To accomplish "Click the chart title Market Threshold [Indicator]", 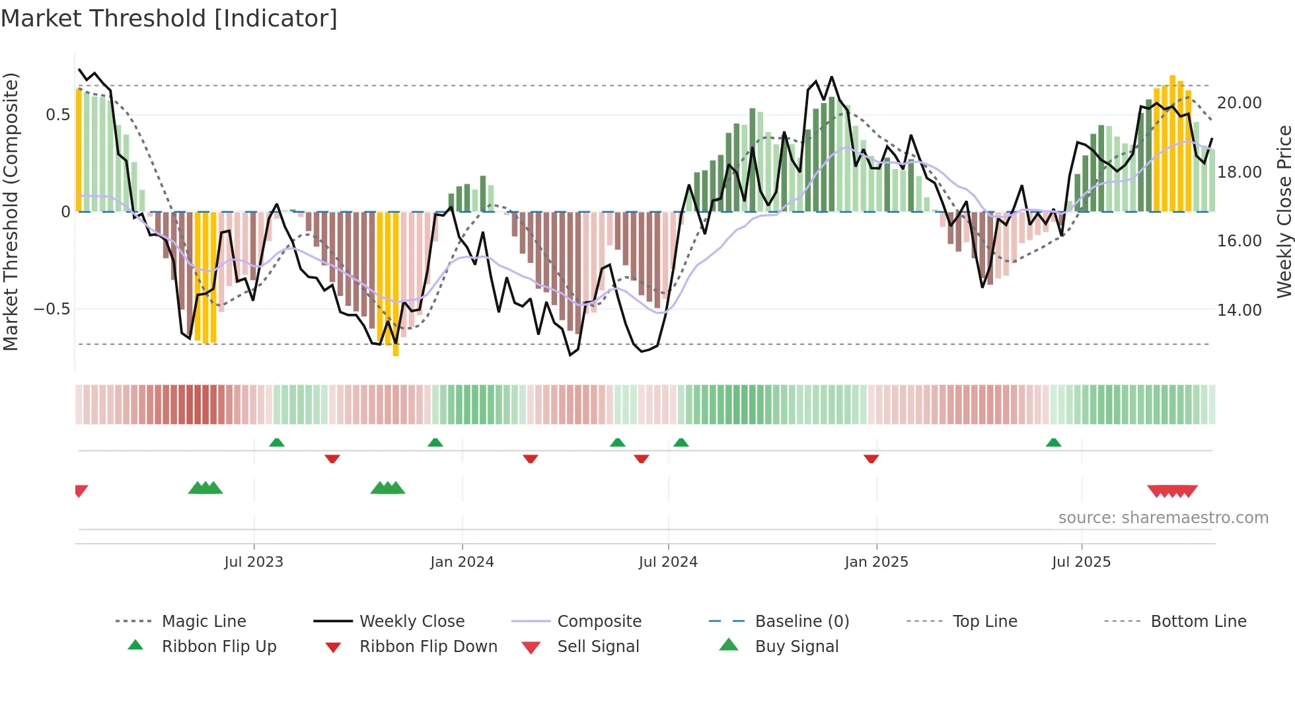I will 169,18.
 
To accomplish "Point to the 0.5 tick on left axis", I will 57,115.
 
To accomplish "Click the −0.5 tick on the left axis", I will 52,309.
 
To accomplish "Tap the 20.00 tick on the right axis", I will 1239,103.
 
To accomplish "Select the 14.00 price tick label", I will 1239,310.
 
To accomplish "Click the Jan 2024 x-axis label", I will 462,562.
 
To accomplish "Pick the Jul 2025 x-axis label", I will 1081,562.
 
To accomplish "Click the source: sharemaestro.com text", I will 1163,518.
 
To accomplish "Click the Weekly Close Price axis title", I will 1284,211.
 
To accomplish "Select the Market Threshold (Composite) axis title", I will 11,211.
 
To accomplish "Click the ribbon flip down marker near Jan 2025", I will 871,458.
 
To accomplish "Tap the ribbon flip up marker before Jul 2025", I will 1053,443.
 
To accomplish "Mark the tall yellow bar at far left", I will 79,151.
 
